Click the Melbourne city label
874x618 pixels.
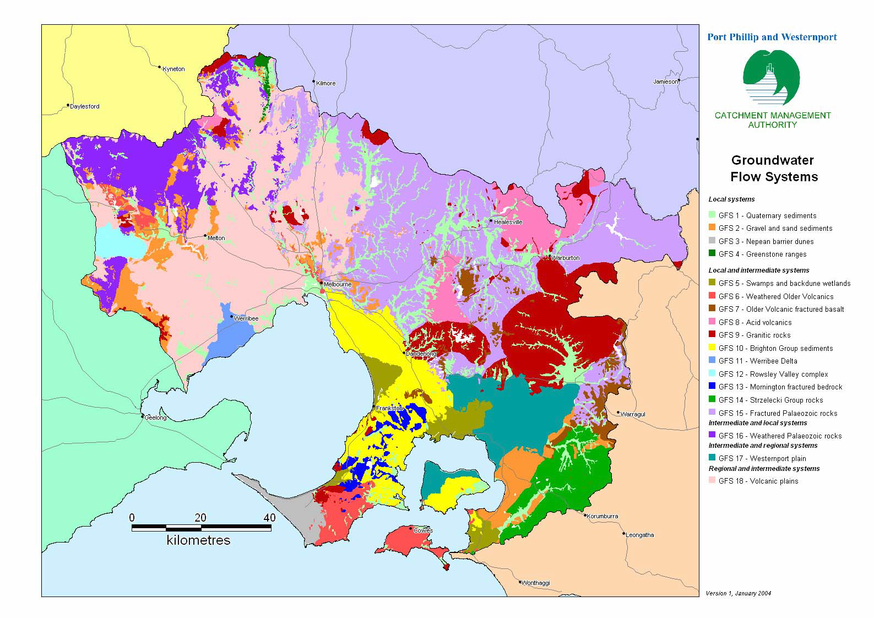point(338,285)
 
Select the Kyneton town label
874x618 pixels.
point(173,69)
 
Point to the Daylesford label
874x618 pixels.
point(84,106)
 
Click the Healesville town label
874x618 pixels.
point(508,222)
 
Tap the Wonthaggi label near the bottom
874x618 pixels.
point(535,583)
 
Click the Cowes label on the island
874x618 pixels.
point(423,530)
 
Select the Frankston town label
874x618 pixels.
point(390,408)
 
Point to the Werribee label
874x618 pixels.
point(246,318)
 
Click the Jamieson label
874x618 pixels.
point(665,82)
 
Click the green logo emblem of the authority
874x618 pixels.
point(771,78)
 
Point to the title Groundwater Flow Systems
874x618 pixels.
point(773,169)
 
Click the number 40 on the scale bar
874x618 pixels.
point(269,517)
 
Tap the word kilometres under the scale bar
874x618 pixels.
point(198,540)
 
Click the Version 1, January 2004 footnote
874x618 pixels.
point(738,593)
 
